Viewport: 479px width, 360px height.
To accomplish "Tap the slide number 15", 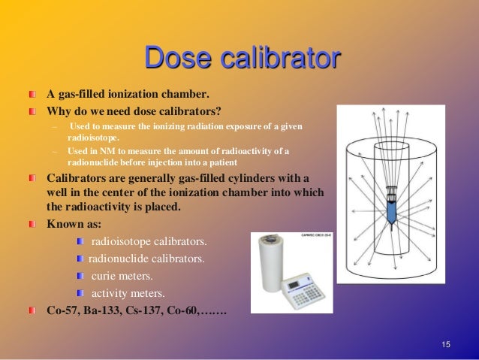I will pos(446,344).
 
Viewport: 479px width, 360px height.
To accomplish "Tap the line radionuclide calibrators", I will pos(146,259).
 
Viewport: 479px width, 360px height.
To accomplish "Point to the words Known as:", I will pos(71,224).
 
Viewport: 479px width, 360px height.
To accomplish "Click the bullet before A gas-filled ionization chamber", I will pos(32,95).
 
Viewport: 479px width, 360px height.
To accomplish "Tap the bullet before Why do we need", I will pos(32,111).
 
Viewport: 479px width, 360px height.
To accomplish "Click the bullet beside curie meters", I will pos(81,276).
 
